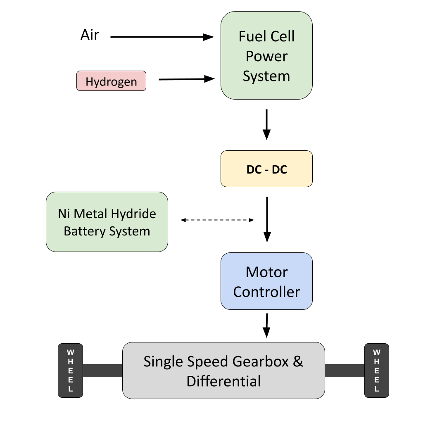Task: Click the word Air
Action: [x=90, y=35]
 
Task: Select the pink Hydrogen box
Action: [x=111, y=81]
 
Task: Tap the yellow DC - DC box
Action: [x=266, y=169]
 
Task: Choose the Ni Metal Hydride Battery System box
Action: [x=107, y=222]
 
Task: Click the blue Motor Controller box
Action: [x=266, y=281]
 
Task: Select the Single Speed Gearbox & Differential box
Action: [x=223, y=371]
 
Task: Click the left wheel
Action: [x=70, y=371]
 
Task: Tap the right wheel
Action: [x=376, y=371]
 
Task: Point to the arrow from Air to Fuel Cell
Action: [x=162, y=37]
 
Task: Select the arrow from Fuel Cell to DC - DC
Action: [x=267, y=124]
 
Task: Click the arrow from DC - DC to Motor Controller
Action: [x=267, y=219]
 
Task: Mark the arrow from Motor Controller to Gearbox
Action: [x=267, y=325]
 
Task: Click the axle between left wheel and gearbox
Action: [x=102, y=371]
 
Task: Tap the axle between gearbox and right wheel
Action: [x=344, y=371]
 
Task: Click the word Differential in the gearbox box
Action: [x=223, y=381]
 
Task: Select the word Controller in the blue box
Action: [x=266, y=292]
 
